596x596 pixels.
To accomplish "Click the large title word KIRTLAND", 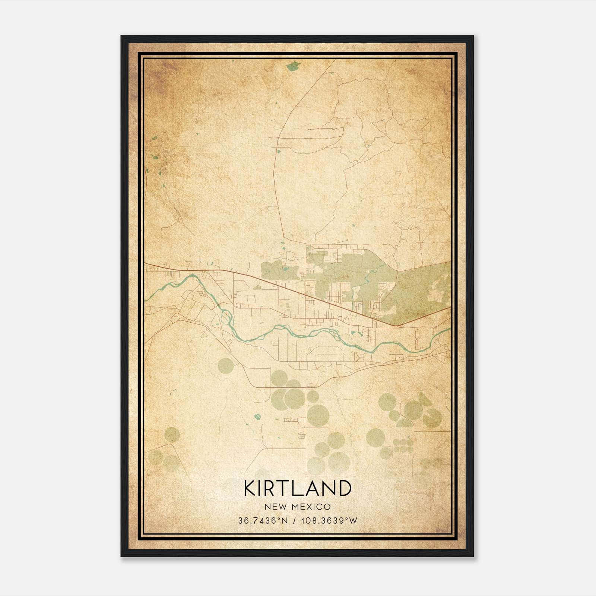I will pos(298,488).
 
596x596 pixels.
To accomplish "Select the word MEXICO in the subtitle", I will pos(313,507).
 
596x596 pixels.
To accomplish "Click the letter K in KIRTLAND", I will pos(250,488).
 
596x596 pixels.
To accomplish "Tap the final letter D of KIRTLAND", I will pos(345,488).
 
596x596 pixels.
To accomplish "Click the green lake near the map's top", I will pos(293,66).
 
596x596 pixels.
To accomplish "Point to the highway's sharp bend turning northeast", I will pos(397,326).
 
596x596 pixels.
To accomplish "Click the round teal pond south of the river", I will pos(257,416).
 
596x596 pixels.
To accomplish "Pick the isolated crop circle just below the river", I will pos(226,366).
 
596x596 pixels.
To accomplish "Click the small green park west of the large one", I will pos(279,270).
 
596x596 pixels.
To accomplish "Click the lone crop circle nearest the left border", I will pos(172,434).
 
